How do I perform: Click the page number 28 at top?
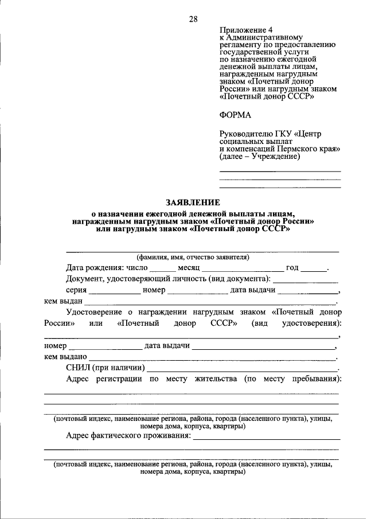click(x=193, y=19)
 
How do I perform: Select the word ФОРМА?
click(x=235, y=115)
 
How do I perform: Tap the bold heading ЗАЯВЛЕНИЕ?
click(x=193, y=202)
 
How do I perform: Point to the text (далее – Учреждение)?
click(x=259, y=156)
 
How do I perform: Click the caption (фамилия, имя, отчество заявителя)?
click(x=193, y=257)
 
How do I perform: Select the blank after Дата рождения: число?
click(x=163, y=268)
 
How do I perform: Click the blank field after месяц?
click(x=243, y=268)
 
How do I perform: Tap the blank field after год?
click(x=314, y=268)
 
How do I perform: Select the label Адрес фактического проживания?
click(x=128, y=436)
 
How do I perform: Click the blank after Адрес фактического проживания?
click(x=266, y=437)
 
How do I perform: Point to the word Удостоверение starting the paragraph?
click(x=93, y=312)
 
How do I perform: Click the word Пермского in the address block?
click(x=292, y=148)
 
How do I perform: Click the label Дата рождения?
click(x=94, y=268)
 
